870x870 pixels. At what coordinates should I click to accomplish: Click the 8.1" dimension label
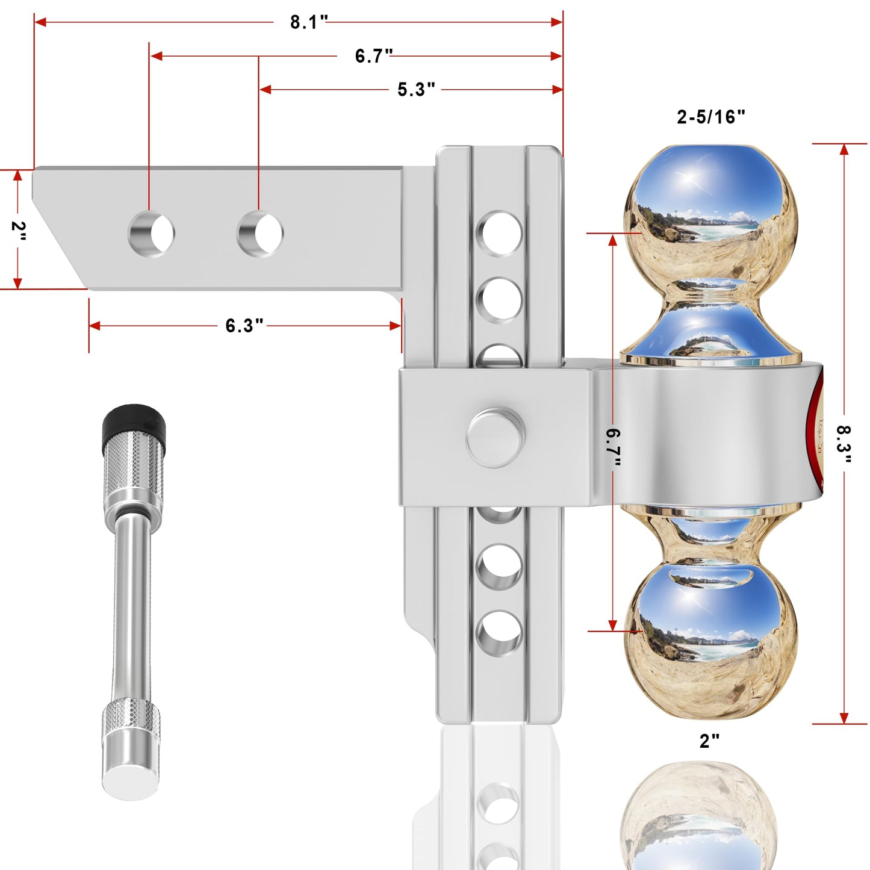tap(308, 22)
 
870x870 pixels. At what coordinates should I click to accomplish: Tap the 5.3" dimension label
tap(415, 90)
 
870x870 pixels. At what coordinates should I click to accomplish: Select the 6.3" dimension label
tap(244, 326)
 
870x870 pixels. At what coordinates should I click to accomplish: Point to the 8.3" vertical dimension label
tap(844, 444)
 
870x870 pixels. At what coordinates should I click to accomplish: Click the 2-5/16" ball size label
tap(711, 117)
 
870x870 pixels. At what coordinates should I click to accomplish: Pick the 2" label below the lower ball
tap(709, 741)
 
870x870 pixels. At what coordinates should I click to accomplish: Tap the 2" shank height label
tap(18, 231)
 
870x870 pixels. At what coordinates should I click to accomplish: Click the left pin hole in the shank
tap(152, 234)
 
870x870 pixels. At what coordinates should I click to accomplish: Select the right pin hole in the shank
tap(260, 234)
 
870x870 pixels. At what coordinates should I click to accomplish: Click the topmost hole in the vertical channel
tap(500, 234)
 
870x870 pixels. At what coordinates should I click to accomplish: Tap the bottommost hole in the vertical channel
tap(499, 633)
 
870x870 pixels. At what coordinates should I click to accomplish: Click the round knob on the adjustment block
tap(495, 438)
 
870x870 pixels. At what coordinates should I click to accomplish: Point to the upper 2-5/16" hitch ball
tap(710, 217)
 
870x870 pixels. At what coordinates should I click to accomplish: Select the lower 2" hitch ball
tap(710, 638)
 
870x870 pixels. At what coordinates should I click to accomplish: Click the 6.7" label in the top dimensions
tap(373, 56)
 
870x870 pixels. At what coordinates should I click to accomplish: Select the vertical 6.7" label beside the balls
tap(614, 447)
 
